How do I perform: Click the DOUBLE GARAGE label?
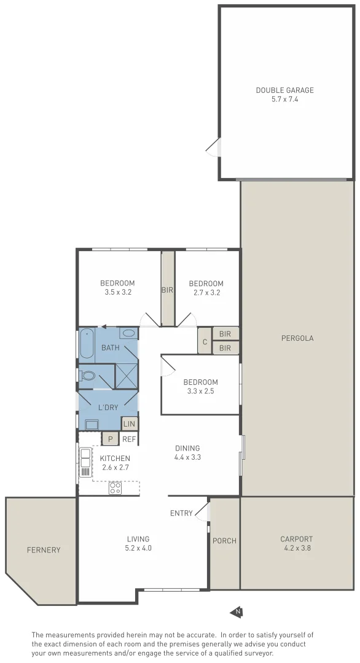click(284, 90)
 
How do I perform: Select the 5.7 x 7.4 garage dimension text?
click(284, 99)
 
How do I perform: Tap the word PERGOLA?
click(298, 338)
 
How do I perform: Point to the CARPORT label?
click(297, 539)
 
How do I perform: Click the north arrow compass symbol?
click(236, 611)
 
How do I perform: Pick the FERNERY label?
click(44, 550)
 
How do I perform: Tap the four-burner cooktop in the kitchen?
click(115, 488)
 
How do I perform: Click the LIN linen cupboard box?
click(129, 424)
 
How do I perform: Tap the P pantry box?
click(110, 439)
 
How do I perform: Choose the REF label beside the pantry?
click(129, 439)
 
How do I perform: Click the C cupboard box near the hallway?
click(204, 341)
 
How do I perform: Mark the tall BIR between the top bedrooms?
click(168, 289)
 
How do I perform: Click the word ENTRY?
click(181, 513)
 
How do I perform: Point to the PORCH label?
click(224, 541)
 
